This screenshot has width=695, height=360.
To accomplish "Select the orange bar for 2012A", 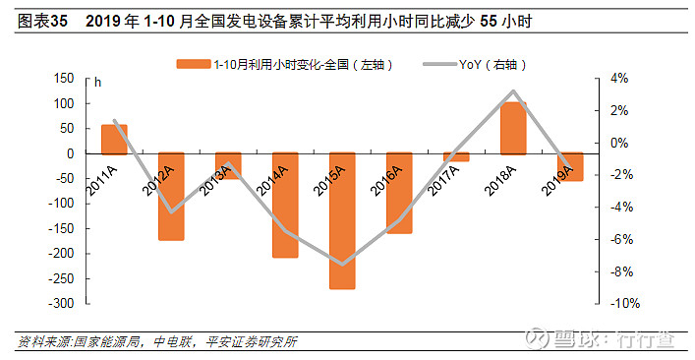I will [171, 196].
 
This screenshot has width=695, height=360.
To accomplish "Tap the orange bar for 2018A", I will [513, 128].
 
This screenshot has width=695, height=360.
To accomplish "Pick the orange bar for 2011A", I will [114, 139].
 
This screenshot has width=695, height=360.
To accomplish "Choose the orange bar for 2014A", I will [285, 205].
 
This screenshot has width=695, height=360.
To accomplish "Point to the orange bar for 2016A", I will [399, 193].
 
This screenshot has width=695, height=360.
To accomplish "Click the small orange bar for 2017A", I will [456, 156].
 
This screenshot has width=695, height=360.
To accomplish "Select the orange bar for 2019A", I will [570, 166].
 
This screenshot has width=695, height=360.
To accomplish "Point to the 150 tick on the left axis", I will [64, 78].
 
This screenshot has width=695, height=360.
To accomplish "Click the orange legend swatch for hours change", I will [194, 64].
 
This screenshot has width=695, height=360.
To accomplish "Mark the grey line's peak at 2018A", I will [513, 91].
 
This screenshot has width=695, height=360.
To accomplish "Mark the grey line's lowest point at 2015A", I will [342, 264].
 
